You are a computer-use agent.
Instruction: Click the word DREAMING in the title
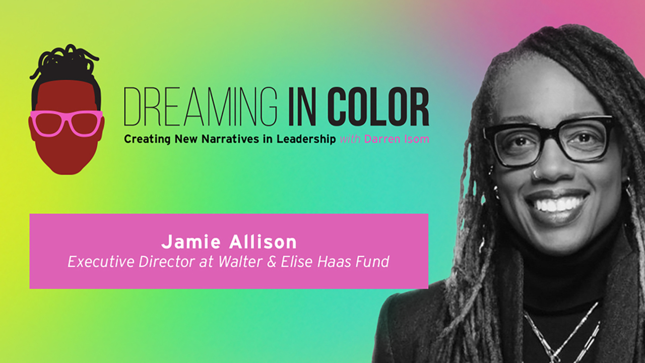coord(201,106)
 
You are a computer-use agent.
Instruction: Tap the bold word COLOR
coord(378,106)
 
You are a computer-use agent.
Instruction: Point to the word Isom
coord(416,139)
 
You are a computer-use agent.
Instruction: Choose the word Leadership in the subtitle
coord(306,140)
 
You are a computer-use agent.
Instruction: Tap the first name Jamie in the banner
coord(190,241)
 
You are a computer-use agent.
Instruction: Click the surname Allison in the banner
coord(263,241)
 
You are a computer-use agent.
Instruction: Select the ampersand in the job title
coord(271,262)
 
